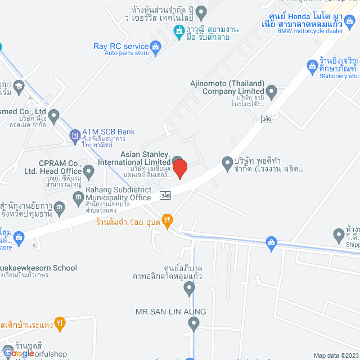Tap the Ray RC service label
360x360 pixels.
point(121,46)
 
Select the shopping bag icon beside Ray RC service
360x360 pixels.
point(156,46)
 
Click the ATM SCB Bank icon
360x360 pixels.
point(74,135)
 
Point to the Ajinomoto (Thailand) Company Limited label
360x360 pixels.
point(227,87)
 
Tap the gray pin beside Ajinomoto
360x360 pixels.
point(271,91)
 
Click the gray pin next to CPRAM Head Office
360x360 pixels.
point(88,170)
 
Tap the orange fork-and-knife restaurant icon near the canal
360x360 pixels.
point(166,219)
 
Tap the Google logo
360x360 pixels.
point(18,353)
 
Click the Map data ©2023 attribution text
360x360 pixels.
point(335,355)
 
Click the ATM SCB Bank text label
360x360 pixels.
point(109,132)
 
